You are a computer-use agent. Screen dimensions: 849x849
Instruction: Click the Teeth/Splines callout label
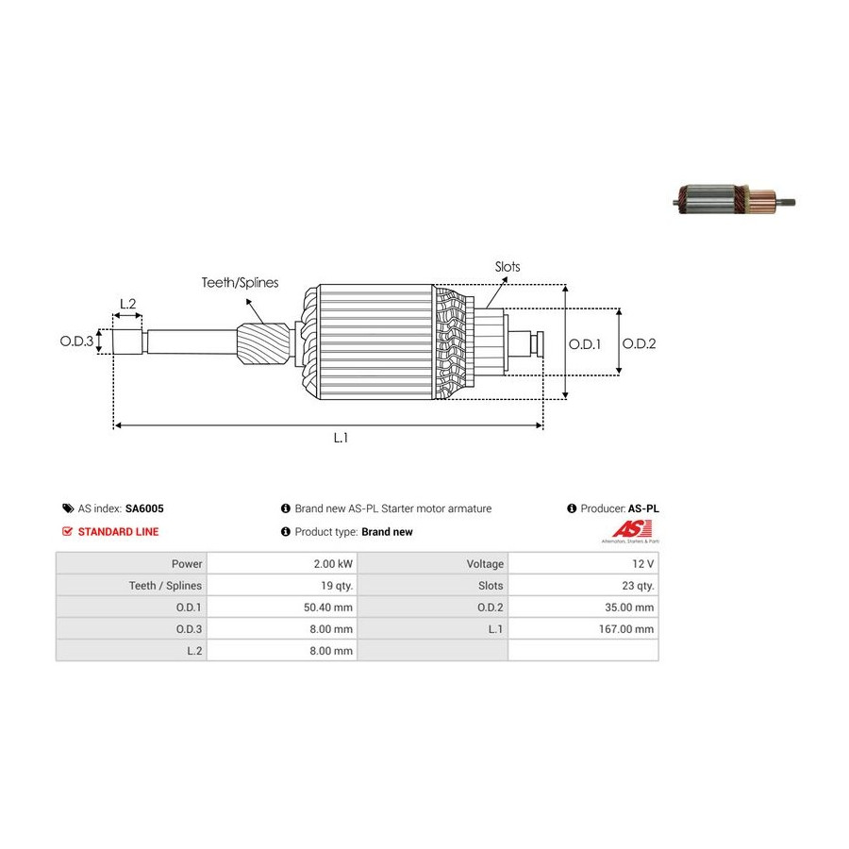240,282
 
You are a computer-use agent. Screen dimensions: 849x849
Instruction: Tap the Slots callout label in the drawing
508,267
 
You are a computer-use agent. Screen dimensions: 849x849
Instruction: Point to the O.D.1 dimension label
584,344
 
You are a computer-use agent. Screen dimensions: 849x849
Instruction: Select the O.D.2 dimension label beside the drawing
639,344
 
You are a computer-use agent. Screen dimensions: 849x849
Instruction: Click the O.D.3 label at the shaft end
77,341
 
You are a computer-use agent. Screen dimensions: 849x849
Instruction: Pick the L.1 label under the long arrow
341,438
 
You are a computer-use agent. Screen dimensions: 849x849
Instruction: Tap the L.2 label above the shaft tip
128,304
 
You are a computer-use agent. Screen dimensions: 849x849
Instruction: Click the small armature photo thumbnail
737,198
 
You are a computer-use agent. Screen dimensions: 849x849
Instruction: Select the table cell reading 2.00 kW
335,564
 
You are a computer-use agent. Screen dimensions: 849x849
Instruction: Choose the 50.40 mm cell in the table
331,608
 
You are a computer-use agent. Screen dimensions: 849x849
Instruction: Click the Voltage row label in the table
485,564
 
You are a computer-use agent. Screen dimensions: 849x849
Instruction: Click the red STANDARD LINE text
118,531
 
